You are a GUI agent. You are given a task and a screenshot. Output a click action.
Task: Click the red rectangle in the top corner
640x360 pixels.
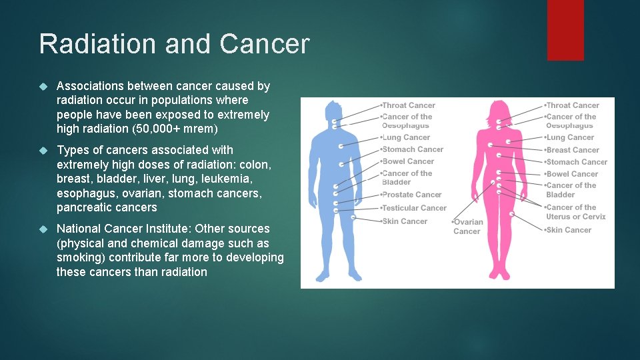[565, 29]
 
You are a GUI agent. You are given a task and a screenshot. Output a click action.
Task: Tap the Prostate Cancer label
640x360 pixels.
[411, 195]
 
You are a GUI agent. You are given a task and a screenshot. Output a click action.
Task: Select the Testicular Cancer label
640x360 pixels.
[413, 208]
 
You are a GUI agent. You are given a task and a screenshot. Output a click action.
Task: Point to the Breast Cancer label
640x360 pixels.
[572, 150]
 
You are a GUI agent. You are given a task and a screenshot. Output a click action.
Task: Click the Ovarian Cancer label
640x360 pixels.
[467, 227]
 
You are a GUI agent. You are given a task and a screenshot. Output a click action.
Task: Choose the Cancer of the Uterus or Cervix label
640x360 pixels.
[575, 212]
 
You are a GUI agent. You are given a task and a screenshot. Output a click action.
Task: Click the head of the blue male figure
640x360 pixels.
[332, 110]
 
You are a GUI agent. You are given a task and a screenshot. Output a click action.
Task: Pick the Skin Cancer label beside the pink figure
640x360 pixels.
[568, 230]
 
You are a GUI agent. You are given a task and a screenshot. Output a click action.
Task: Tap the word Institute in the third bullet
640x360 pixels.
[163, 229]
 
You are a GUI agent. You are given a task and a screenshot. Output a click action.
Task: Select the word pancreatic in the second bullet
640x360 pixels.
[85, 207]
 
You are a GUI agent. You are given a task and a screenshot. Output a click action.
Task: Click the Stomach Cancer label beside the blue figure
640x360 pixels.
[412, 149]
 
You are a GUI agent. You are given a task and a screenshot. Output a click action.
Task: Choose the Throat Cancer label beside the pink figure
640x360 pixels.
[572, 105]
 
